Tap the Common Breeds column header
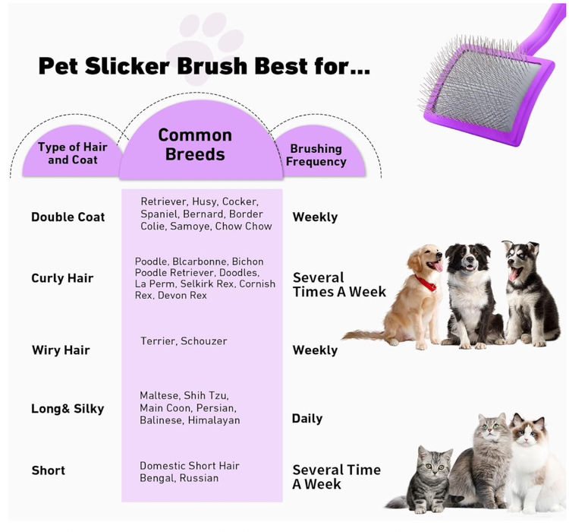click(195, 144)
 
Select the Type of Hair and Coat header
click(73, 153)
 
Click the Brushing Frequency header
click(316, 155)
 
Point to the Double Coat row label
click(68, 217)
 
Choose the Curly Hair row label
click(62, 278)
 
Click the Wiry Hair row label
click(61, 350)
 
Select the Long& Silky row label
click(68, 409)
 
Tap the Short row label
click(49, 470)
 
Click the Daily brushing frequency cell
click(307, 419)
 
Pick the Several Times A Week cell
click(339, 285)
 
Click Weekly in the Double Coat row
click(315, 217)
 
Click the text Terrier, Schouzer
click(184, 341)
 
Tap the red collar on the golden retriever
click(426, 283)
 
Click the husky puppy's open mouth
click(514, 274)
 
